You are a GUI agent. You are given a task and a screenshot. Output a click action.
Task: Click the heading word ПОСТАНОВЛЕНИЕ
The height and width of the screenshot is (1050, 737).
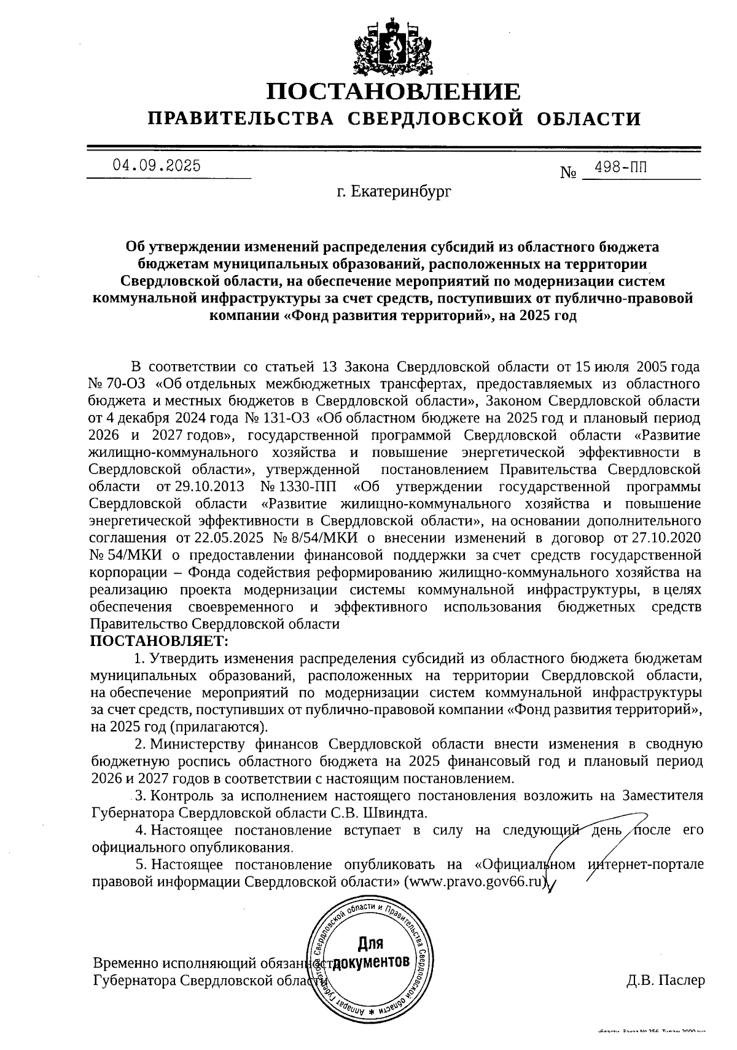pos(393,91)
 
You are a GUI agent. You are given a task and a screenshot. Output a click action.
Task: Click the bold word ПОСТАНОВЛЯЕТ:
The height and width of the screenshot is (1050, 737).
pos(159,641)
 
